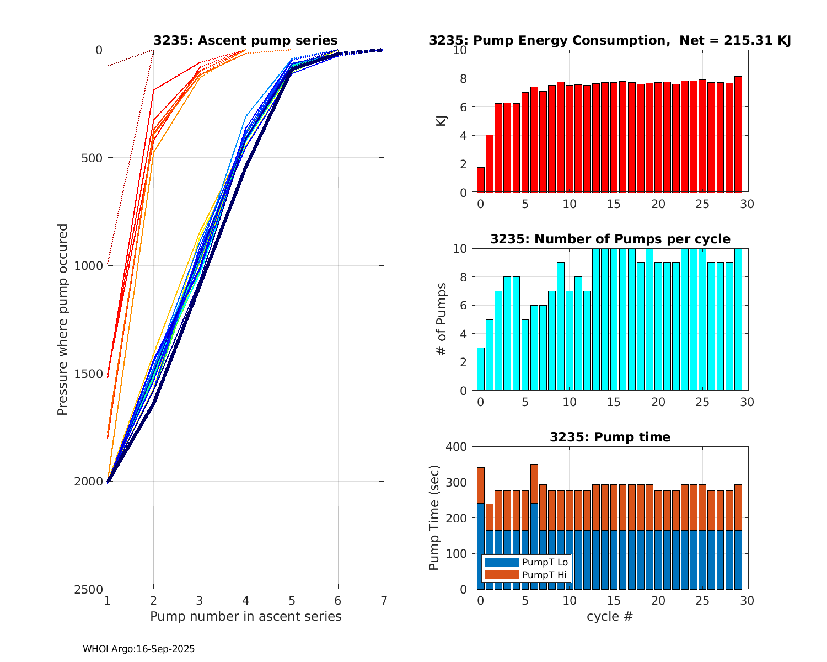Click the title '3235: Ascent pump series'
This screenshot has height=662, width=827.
245,40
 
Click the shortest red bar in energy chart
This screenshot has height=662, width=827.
481,180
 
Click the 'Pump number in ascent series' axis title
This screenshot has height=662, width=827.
245,616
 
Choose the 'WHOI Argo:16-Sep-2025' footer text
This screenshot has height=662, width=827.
139,649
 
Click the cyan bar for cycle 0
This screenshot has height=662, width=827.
481,369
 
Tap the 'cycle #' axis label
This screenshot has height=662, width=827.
609,616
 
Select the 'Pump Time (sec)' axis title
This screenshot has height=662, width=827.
434,518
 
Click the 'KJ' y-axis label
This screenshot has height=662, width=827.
442,121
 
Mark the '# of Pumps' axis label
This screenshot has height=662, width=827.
442,319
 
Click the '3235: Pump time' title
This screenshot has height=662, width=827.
610,437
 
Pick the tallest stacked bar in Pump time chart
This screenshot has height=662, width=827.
534,526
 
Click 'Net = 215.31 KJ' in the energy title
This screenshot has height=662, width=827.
735,40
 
